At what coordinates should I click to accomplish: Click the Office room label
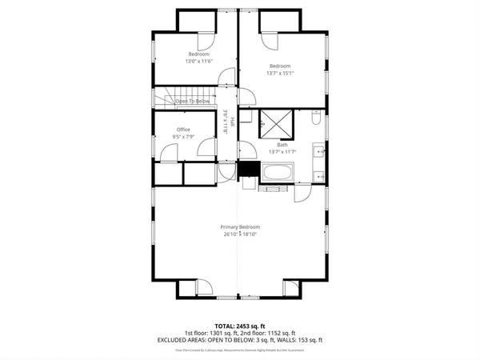pos(183,130)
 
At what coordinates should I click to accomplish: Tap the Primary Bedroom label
pos(240,227)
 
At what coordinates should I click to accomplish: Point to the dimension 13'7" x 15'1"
pos(280,73)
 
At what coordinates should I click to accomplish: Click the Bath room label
pos(283,145)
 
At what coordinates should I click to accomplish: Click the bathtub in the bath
pos(278,173)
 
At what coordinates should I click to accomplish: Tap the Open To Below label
pos(193,102)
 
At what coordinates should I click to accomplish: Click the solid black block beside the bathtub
pos(248,169)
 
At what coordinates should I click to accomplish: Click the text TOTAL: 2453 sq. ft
pos(240,326)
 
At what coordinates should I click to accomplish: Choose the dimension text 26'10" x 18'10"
pos(240,234)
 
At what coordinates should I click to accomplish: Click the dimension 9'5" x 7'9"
pos(183,137)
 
